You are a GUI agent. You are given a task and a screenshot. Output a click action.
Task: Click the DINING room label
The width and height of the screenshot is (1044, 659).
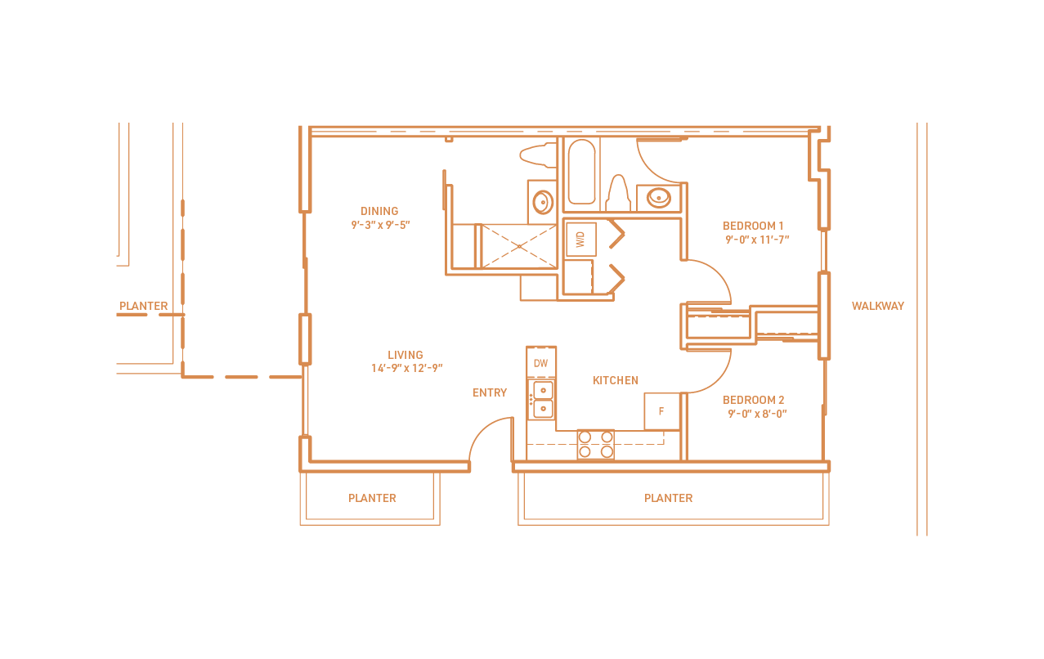(x=379, y=211)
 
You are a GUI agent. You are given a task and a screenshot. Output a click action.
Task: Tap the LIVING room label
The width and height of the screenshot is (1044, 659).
(x=406, y=355)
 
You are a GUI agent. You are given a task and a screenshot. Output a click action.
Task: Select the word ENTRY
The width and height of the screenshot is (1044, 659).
(x=490, y=392)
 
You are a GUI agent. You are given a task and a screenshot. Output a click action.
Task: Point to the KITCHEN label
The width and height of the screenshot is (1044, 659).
(x=615, y=380)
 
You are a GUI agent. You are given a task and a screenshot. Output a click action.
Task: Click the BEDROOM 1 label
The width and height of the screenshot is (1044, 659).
(x=753, y=226)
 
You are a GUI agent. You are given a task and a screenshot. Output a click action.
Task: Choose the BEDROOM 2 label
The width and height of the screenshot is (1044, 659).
(x=753, y=400)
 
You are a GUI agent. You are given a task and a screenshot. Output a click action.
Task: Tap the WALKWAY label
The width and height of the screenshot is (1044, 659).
(x=877, y=306)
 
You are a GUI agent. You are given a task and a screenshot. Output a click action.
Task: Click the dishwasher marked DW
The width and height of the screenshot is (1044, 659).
(x=541, y=362)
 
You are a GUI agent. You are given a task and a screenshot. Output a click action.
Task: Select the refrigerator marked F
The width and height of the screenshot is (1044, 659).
(x=661, y=411)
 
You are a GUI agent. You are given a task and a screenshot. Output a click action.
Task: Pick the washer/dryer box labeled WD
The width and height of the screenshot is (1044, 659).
(x=580, y=240)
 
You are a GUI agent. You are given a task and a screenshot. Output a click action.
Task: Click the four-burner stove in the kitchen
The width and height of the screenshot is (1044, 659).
(x=595, y=444)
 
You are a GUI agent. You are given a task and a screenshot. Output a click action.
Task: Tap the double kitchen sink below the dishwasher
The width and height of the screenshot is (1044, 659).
(x=542, y=400)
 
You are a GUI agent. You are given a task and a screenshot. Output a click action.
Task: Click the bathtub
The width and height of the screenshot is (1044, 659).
(x=581, y=172)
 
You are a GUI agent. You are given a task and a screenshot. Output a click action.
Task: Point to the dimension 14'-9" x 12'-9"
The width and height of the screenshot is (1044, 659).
(x=406, y=369)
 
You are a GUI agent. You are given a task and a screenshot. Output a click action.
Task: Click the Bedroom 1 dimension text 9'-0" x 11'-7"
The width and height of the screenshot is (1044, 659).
(x=756, y=240)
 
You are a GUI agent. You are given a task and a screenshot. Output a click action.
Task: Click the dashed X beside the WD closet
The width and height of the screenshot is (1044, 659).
(x=518, y=246)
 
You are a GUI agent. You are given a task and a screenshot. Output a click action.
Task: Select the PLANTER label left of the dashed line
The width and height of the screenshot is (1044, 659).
(x=144, y=306)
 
